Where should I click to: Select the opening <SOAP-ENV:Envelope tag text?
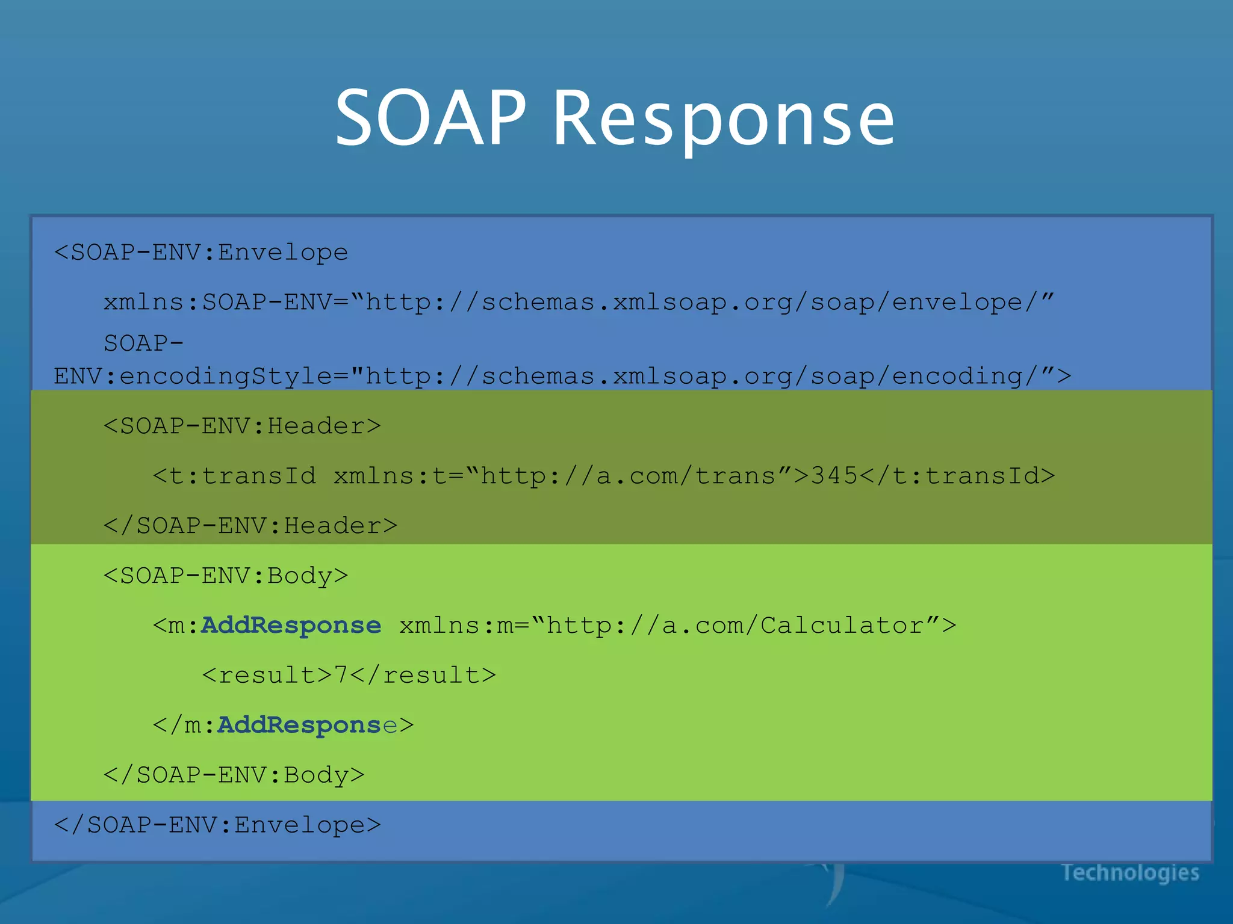pos(201,252)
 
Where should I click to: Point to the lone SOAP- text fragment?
pos(143,343)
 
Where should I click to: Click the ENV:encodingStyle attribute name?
pos(193,377)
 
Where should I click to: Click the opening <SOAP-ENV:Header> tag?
pos(242,426)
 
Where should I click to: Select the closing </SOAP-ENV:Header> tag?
pos(250,526)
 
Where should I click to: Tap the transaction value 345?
pos(834,476)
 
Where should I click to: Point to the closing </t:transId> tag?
pos(957,476)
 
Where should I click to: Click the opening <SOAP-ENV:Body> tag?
pos(226,576)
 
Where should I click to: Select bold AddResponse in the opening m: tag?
pos(291,626)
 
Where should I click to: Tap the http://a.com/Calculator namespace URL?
pos(735,626)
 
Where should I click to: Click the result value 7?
pos(341,675)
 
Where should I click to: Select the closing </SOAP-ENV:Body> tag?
pos(234,775)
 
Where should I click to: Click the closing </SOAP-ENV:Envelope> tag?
pos(217,825)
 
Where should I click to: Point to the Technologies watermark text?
pos(1130,872)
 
